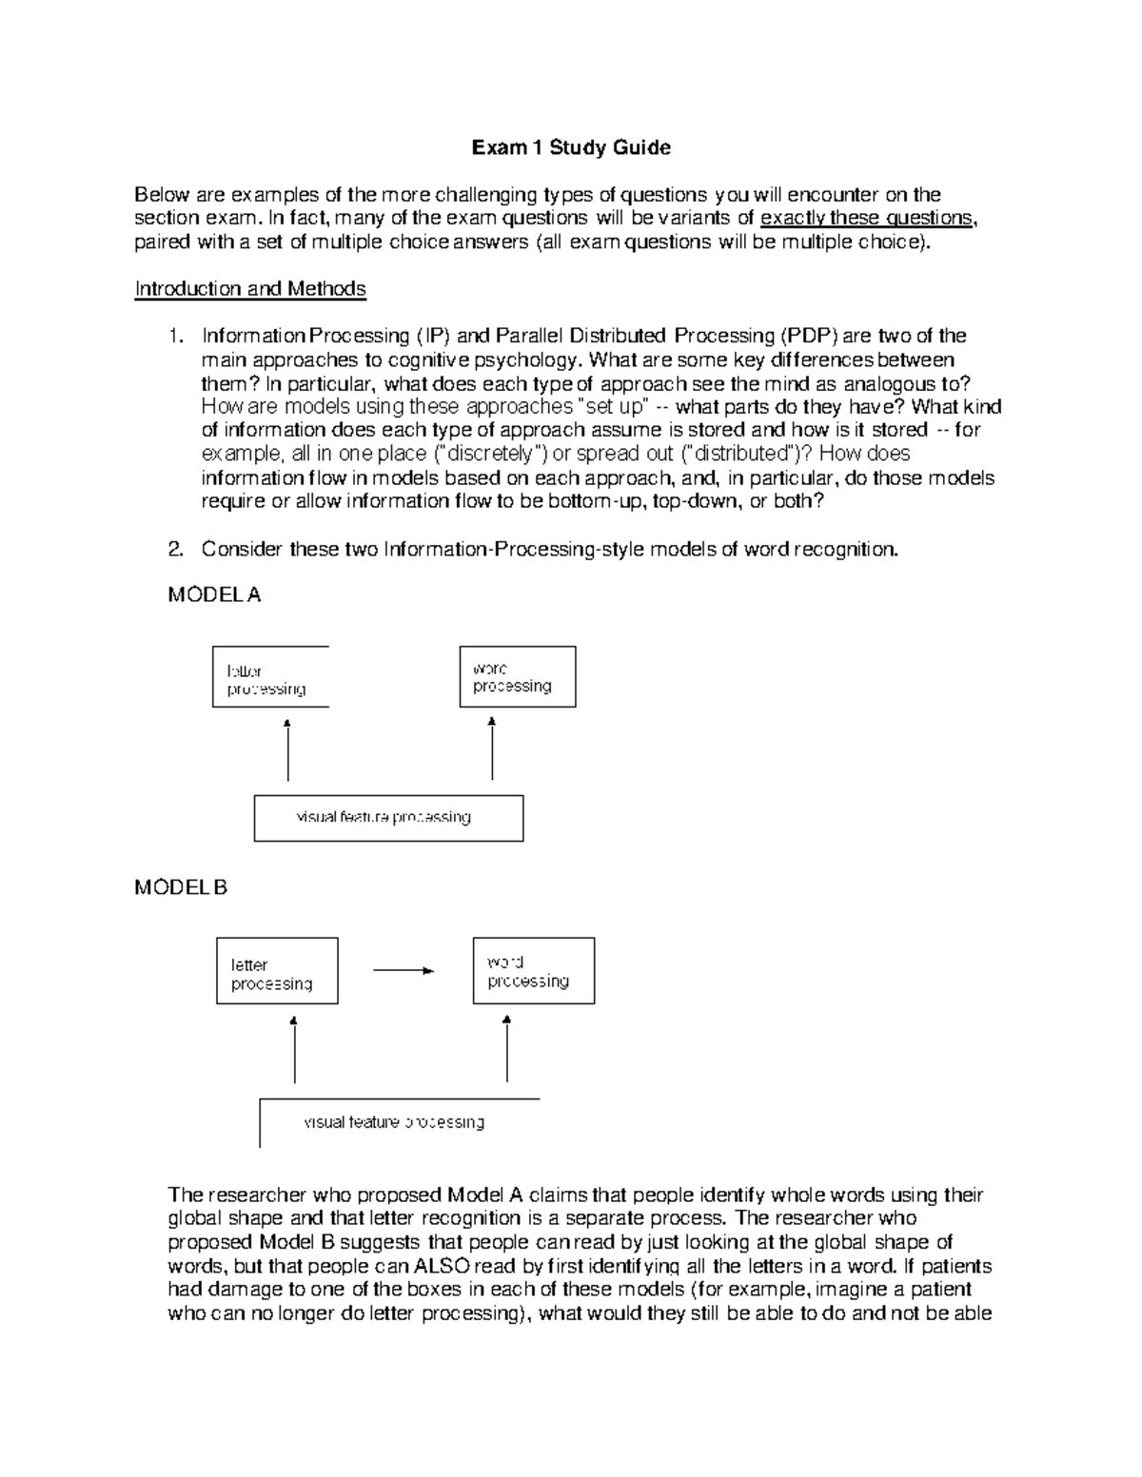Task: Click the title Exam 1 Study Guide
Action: pyautogui.click(x=571, y=147)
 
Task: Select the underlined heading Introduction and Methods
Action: pyautogui.click(x=250, y=288)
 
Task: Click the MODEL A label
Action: pyautogui.click(x=214, y=594)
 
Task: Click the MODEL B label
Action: pyautogui.click(x=181, y=887)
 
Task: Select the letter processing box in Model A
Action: pyautogui.click(x=270, y=677)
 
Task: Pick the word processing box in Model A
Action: pyautogui.click(x=517, y=676)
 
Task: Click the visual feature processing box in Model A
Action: pyautogui.click(x=388, y=818)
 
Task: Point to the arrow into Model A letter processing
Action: pyautogui.click(x=287, y=750)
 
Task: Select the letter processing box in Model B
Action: pyautogui.click(x=277, y=971)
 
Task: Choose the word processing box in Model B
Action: pyautogui.click(x=533, y=971)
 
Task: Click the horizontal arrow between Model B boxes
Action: pyautogui.click(x=404, y=970)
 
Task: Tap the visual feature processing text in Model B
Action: pyautogui.click(x=394, y=1122)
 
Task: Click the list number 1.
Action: pyautogui.click(x=173, y=336)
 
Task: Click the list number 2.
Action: pyautogui.click(x=174, y=549)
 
